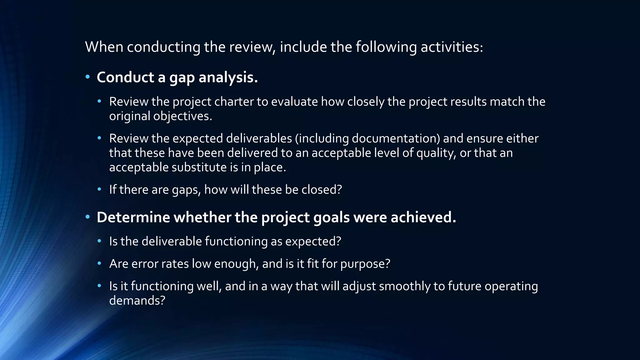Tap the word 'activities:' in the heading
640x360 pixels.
coord(452,47)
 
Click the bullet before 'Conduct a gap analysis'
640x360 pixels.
coord(88,77)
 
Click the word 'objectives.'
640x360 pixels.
coord(182,116)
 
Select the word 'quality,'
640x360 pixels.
coord(436,153)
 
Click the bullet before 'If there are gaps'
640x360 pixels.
coord(99,189)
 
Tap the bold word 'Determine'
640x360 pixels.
coord(133,217)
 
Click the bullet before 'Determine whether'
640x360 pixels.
coord(88,217)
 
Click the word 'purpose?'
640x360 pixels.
coord(365,264)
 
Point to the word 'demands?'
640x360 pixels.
coord(137,301)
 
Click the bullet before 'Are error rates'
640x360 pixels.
coord(99,264)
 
